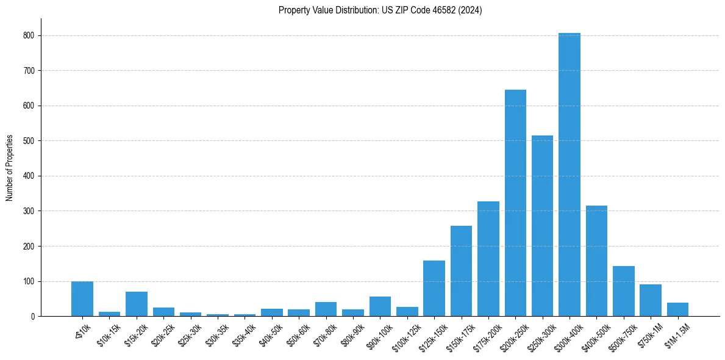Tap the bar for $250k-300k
point(542,226)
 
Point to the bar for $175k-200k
point(488,259)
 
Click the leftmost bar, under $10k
point(82,299)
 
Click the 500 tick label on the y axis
point(30,141)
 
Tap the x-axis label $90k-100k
point(380,334)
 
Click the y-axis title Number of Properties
point(10,168)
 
